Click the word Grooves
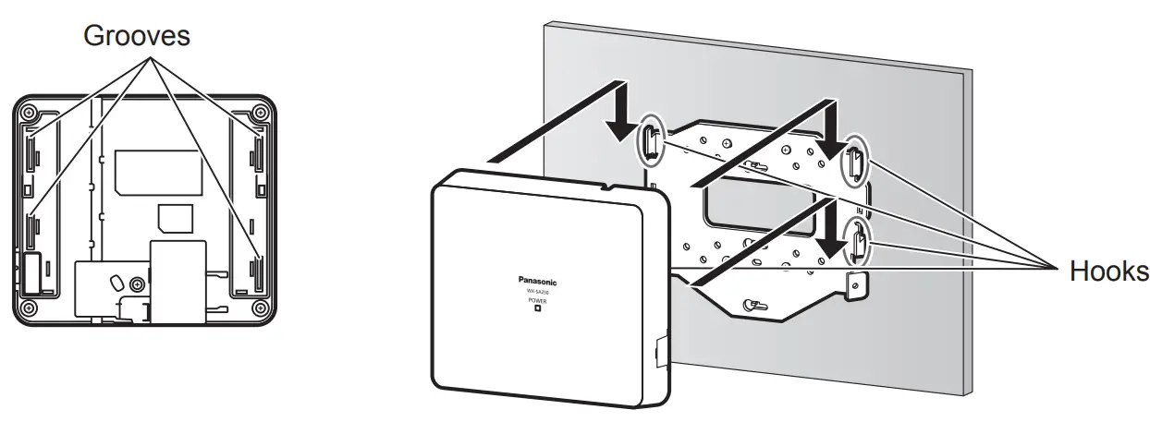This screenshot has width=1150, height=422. click(137, 37)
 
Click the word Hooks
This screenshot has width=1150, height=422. click(1109, 271)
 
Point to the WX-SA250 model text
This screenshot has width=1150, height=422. click(536, 292)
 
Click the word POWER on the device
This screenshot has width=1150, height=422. click(536, 301)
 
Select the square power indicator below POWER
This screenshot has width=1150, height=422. click(536, 310)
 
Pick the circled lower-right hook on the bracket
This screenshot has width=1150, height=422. click(859, 242)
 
